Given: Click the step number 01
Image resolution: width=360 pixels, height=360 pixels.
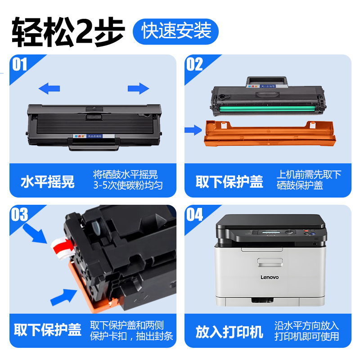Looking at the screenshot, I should tap(20, 65).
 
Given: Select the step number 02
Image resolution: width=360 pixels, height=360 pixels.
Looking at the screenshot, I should tap(195, 65).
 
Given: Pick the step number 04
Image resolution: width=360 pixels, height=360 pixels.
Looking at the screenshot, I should tap(195, 215).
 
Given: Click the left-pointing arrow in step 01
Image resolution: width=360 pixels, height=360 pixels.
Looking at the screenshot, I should tap(49, 88).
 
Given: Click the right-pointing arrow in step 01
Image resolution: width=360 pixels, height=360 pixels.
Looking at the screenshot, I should tap(138, 88).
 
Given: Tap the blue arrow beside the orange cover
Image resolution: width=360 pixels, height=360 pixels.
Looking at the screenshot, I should tap(193, 130).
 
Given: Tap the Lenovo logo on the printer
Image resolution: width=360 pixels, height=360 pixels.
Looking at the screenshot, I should tap(270, 277).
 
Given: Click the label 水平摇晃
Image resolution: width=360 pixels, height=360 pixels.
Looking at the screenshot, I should tap(48, 182).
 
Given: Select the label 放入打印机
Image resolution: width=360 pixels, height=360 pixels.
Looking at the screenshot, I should tap(229, 332).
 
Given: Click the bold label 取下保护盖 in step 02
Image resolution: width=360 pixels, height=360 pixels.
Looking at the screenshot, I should tap(229, 182).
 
